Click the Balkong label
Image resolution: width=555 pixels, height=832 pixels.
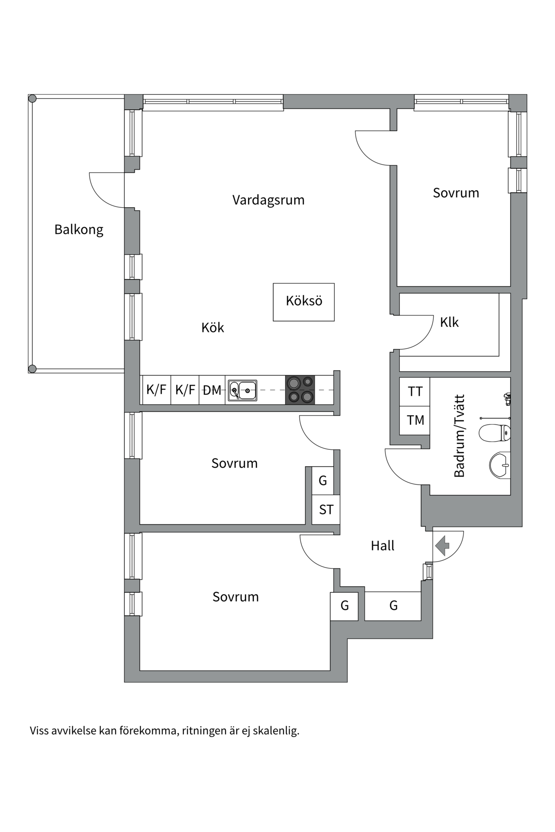(x=78, y=229)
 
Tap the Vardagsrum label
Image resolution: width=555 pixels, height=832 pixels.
(x=268, y=200)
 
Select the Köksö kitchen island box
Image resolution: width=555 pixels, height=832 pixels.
(x=304, y=302)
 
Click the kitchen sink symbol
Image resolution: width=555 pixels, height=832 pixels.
(x=242, y=390)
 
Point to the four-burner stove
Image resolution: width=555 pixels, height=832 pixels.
(x=300, y=390)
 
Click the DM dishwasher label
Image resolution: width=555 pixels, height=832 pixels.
(x=212, y=390)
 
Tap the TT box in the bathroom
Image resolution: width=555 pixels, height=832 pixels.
(x=415, y=392)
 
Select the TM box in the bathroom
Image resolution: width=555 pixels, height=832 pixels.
(x=415, y=420)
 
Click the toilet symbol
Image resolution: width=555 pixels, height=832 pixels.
(x=495, y=432)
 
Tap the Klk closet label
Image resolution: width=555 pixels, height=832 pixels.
(x=449, y=322)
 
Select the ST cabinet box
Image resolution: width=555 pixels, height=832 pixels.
(x=326, y=510)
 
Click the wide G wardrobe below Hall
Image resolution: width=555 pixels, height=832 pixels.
(x=393, y=605)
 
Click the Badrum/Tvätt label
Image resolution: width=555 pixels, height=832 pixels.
(x=459, y=435)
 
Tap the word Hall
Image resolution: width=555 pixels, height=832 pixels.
(x=382, y=546)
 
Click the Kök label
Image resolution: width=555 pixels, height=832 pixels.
(x=212, y=328)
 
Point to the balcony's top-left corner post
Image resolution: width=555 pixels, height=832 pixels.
(x=32, y=99)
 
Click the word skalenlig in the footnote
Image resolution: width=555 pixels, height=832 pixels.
(x=276, y=731)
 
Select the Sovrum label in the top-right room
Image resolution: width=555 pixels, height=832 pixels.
(x=456, y=193)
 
